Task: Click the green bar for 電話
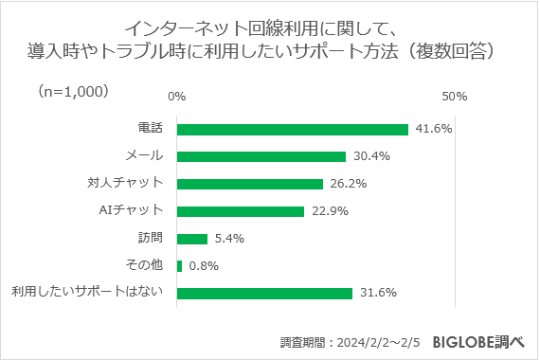292,130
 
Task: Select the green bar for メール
261,156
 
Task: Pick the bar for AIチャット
240,211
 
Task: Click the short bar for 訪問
191,239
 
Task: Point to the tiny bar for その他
179,266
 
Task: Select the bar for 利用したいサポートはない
264,294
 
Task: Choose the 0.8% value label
205,266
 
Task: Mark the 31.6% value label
375,294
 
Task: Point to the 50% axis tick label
455,97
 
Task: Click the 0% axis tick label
176,97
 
